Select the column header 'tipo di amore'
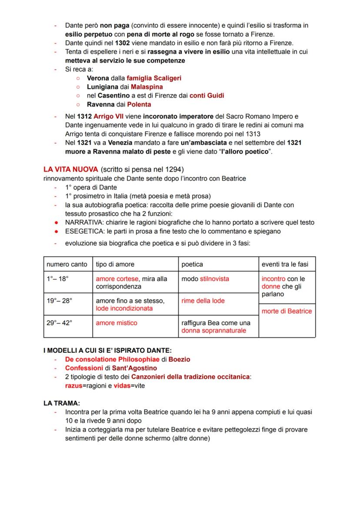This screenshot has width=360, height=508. point(115,264)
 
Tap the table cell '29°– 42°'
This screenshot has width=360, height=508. point(60,323)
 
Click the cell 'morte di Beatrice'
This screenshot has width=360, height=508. point(287,311)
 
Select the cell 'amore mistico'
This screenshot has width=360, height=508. point(116,323)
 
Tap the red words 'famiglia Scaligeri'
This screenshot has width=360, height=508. point(154,78)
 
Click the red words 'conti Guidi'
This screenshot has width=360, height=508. point(207,96)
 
